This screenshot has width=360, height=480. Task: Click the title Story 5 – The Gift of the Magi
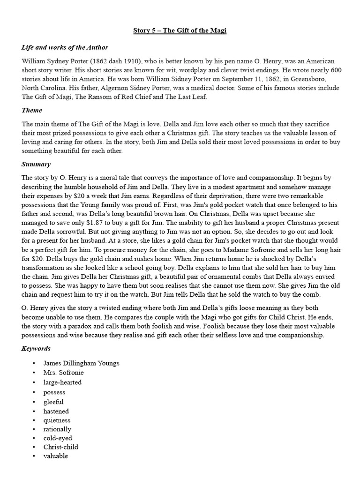tap(180, 30)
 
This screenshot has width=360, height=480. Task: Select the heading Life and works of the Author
tap(65, 47)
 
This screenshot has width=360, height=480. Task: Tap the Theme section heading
tap(32, 110)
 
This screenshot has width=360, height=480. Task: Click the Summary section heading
tap(36, 165)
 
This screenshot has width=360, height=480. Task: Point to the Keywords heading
tap(36, 349)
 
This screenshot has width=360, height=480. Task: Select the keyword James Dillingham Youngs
tap(82, 363)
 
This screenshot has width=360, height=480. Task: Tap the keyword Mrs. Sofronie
tap(64, 373)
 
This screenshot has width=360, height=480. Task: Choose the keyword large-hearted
tap(62, 382)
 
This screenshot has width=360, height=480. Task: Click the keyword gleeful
tap(53, 402)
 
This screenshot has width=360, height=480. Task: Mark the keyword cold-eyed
tap(57, 438)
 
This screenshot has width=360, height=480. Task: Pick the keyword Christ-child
tap(61, 447)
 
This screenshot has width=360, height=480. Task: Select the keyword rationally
tap(58, 429)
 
